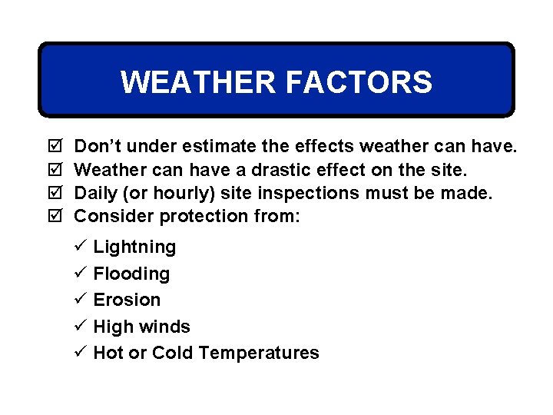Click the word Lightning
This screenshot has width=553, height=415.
(134, 247)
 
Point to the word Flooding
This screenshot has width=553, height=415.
(131, 274)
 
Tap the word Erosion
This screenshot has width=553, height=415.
(127, 300)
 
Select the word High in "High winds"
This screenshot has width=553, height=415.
(108, 327)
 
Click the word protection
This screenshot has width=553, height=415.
(204, 216)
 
